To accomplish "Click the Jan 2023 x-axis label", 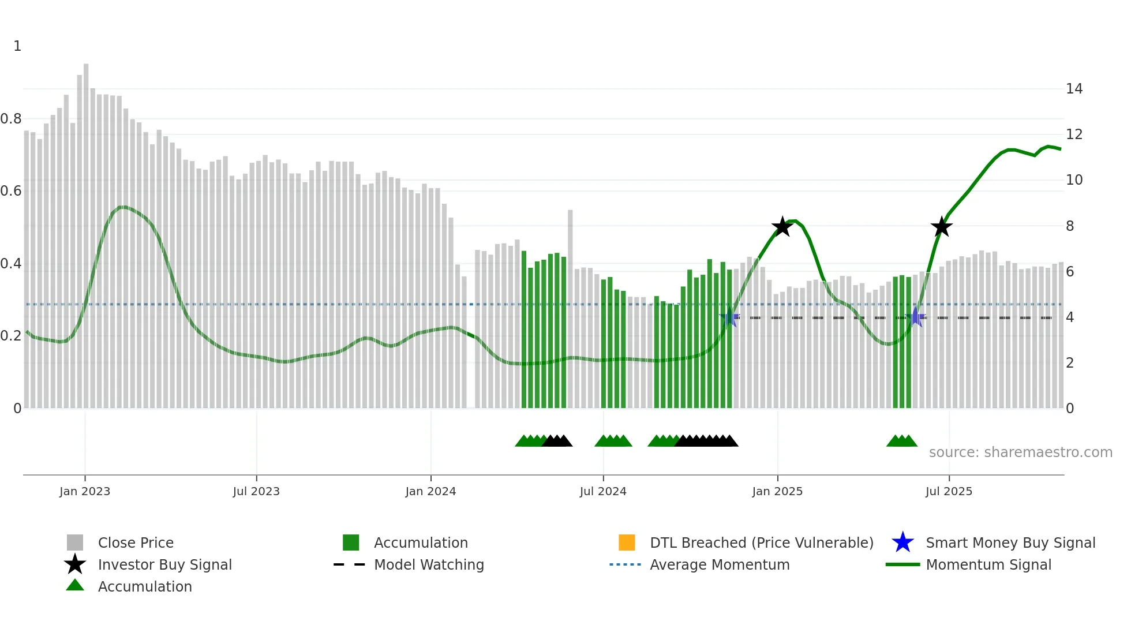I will click(85, 491).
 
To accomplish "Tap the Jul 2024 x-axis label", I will click(603, 491).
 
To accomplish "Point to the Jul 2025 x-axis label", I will click(949, 491).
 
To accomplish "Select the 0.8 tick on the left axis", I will click(11, 119).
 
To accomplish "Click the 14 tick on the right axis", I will click(1074, 89).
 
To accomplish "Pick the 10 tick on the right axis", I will click(1074, 180).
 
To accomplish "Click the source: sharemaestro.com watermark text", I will click(1020, 452).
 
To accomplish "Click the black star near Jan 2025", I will click(782, 227).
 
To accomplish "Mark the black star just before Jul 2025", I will click(942, 227).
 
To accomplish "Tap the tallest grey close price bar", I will click(86, 231).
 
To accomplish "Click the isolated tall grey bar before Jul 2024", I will click(570, 306).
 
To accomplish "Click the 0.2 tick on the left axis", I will click(11, 336).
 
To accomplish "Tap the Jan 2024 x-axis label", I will click(430, 491).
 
